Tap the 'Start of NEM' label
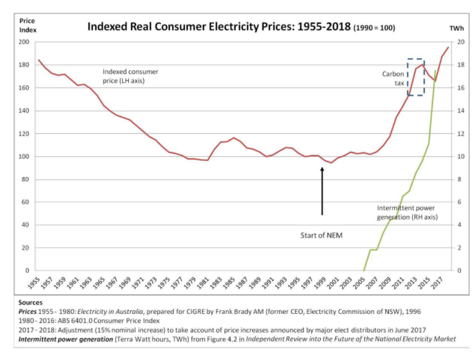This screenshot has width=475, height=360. tap(321, 236)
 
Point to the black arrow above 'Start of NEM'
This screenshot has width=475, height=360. tap(322, 191)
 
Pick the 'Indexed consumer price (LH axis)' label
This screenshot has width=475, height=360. tap(130, 75)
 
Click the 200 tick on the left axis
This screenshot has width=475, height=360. tap(23, 42)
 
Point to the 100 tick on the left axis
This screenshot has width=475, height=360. tap(23, 157)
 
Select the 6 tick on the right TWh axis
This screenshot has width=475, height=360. tap(458, 202)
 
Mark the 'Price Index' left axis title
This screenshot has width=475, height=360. tap(28, 26)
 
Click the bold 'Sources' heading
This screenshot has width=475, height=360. tap(31, 303)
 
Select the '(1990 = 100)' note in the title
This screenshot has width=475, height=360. tap(375, 28)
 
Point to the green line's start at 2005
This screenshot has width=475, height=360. tap(363, 270)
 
